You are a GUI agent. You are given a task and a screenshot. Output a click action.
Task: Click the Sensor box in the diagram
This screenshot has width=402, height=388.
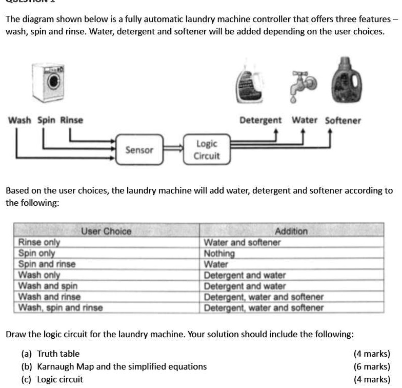coord(139,150)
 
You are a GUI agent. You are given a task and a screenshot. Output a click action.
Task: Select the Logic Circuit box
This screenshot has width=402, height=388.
coord(207,149)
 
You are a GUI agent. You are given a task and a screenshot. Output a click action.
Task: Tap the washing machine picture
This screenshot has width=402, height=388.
coord(50,83)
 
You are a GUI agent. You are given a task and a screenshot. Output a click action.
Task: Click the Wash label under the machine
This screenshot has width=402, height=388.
coord(20,120)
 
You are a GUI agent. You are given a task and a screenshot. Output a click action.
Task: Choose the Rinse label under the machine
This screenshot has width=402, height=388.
coord(72,120)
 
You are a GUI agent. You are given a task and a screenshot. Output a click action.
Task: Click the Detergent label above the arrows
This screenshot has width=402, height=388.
coord(261,120)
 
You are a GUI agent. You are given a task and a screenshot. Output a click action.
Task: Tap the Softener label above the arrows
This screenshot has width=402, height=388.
coord(343,120)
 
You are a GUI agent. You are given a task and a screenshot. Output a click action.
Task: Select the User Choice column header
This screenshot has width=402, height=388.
coord(106,231)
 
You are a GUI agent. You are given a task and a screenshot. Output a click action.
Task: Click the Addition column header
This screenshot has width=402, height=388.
coord(291,231)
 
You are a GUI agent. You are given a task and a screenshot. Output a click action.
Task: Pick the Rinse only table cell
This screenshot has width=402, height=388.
coord(39,242)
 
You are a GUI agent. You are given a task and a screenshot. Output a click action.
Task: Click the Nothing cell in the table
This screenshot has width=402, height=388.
coord(219,254)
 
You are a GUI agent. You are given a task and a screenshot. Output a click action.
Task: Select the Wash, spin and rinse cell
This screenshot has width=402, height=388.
coord(61,308)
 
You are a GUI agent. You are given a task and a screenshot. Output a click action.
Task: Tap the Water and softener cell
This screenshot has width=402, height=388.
coord(242,242)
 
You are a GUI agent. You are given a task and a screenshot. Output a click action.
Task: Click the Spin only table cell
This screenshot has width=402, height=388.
coord(37,253)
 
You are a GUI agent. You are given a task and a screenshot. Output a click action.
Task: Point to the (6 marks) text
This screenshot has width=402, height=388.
coord(372,366)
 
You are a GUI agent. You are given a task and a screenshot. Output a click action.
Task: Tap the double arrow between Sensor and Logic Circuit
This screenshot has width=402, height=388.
coord(173,149)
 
